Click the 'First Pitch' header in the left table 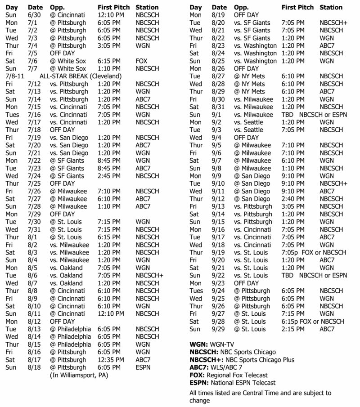pyautogui.click(x=113, y=7)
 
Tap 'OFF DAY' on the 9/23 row pyautogui.click(x=247, y=283)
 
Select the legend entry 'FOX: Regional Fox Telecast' pyautogui.click(x=229, y=375)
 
